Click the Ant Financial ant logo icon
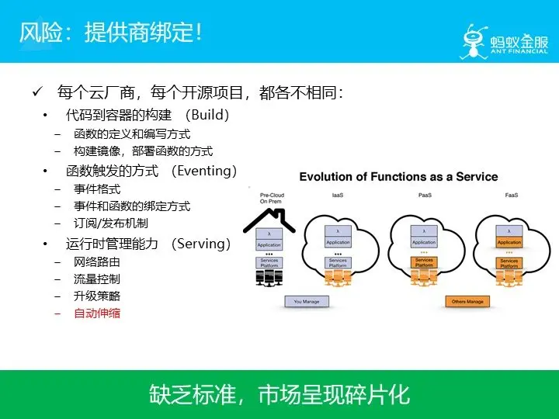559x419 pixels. (x=476, y=36)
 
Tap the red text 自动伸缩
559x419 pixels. (x=97, y=313)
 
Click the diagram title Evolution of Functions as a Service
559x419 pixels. (x=398, y=176)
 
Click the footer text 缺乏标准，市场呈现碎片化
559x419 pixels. (x=279, y=395)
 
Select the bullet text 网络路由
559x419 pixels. (x=97, y=261)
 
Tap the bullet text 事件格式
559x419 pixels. (x=97, y=189)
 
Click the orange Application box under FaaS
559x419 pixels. (x=509, y=243)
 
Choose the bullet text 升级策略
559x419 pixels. (x=97, y=296)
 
